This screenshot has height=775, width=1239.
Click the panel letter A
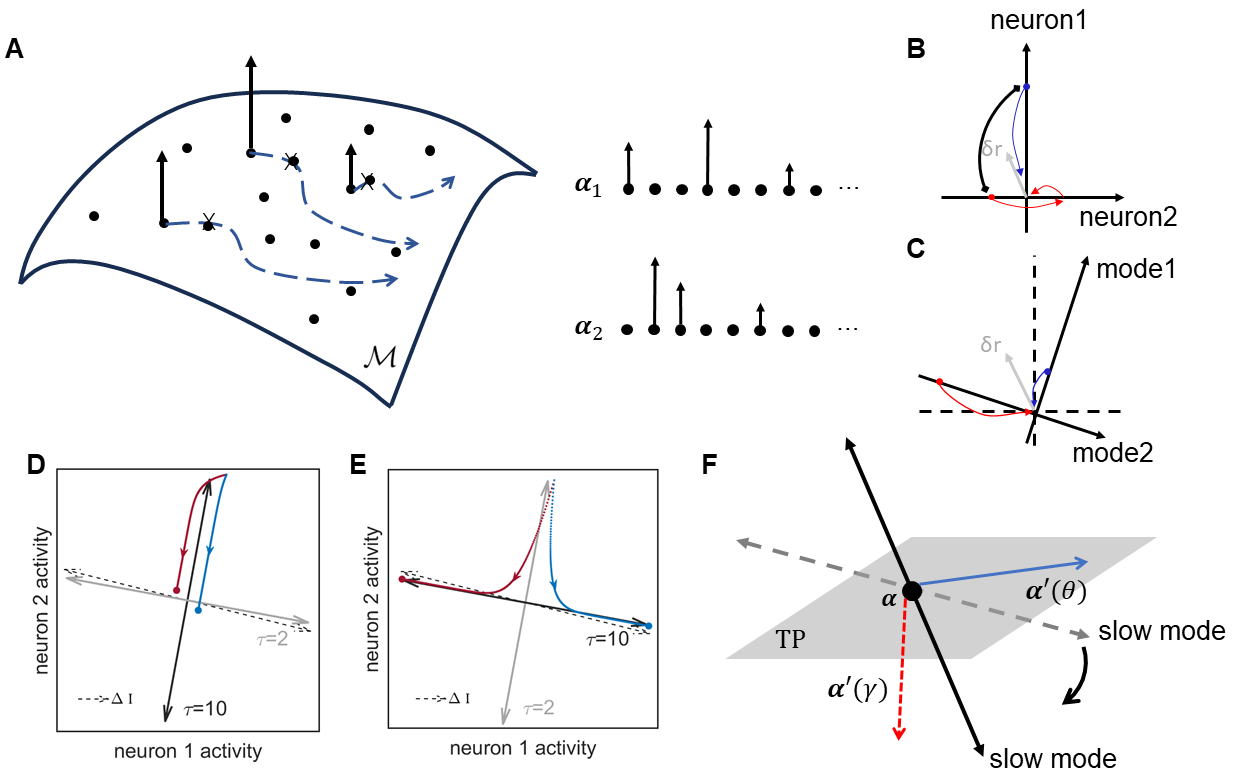(x=14, y=49)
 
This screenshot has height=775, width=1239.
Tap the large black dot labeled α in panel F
(x=911, y=591)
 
